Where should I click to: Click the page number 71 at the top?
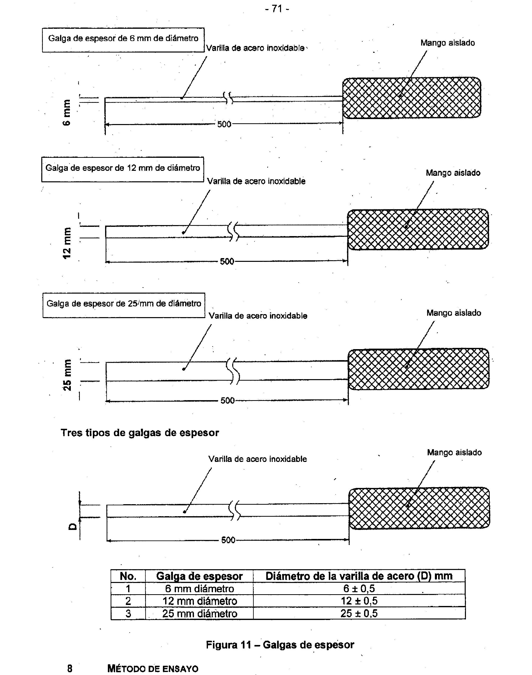(x=277, y=9)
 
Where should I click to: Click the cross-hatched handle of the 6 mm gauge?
(x=411, y=98)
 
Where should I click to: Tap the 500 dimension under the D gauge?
(x=228, y=540)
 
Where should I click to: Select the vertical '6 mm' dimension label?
(x=67, y=112)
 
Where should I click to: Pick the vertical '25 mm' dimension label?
(x=67, y=375)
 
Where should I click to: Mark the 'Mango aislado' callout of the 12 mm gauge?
(x=453, y=173)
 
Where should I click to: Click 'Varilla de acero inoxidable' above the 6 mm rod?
(x=255, y=48)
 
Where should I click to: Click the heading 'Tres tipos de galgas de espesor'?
(x=140, y=433)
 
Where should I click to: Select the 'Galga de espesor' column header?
(x=199, y=576)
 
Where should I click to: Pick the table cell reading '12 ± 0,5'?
(x=359, y=601)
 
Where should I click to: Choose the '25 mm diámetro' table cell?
(x=199, y=614)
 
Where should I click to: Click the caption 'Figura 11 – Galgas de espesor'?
(x=280, y=645)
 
